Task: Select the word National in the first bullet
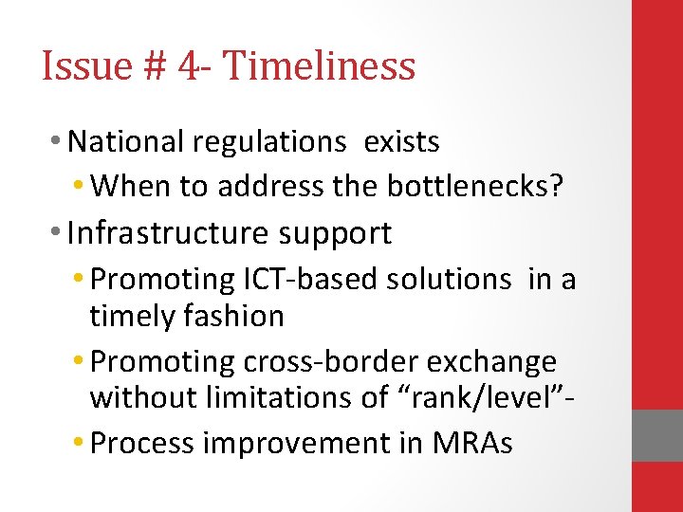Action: tap(127, 142)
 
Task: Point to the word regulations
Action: tap(270, 143)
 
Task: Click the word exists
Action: tap(402, 142)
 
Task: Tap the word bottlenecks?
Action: tap(475, 186)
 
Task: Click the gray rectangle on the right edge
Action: tap(657, 435)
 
